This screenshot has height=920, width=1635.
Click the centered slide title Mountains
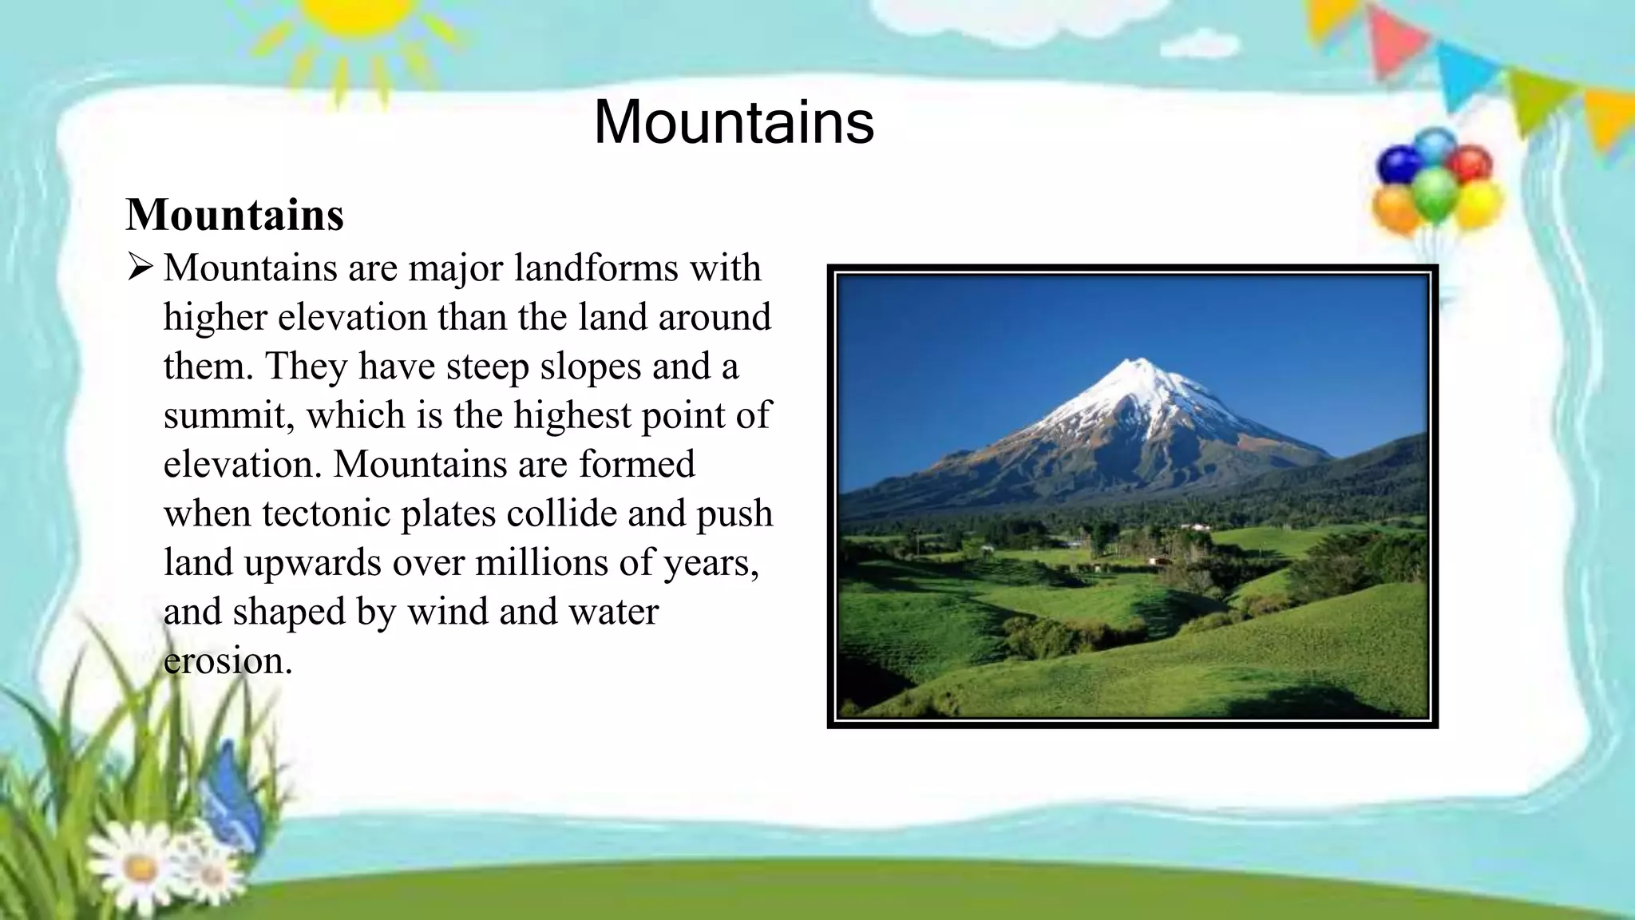[734, 122]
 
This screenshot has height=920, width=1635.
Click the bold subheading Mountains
[235, 215]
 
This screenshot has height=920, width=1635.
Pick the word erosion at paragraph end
[228, 661]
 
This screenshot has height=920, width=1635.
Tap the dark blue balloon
[1399, 165]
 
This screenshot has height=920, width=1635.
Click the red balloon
[1471, 164]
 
